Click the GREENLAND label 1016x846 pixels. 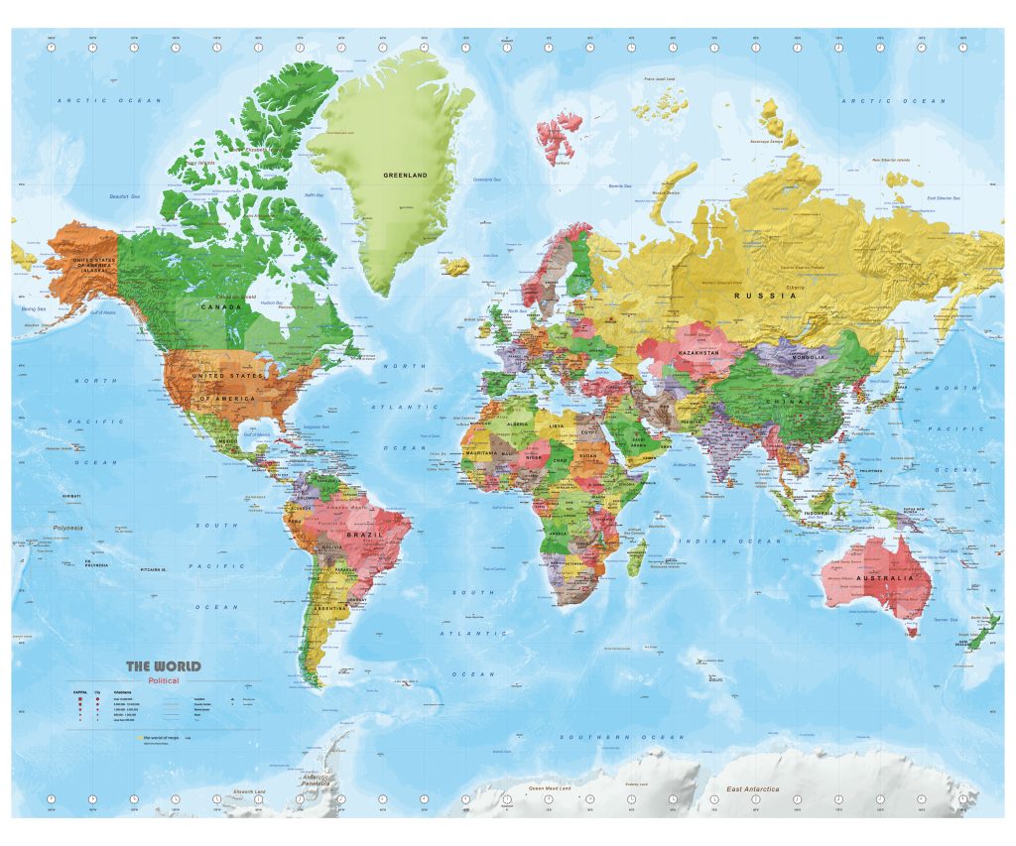[x=405, y=176]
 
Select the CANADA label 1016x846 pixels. [x=217, y=306]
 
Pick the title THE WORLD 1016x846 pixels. [x=163, y=666]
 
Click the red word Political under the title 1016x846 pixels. [x=164, y=681]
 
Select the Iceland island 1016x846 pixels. [x=455, y=266]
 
